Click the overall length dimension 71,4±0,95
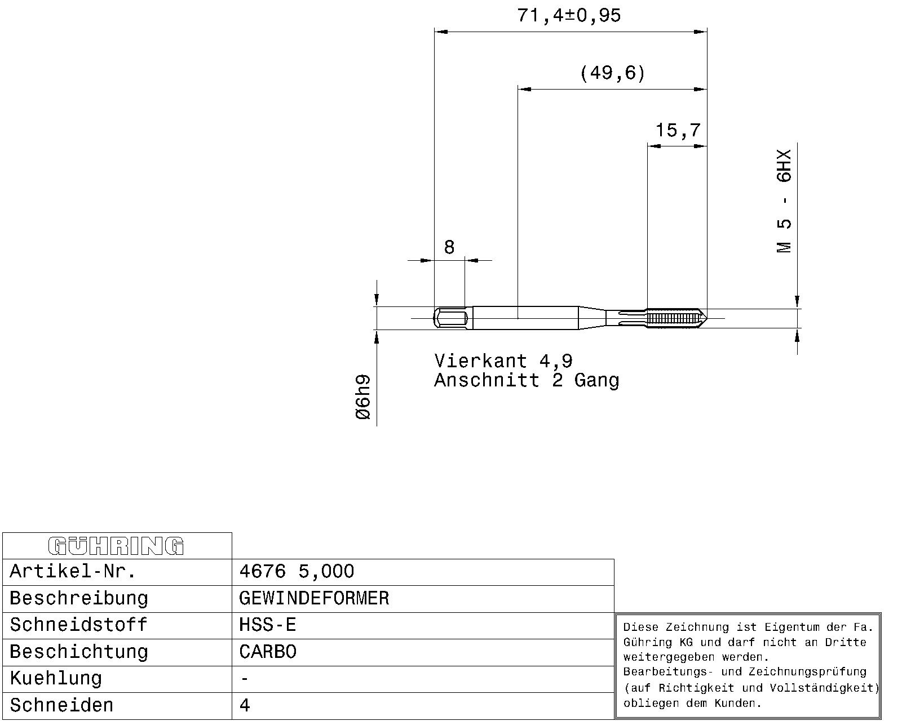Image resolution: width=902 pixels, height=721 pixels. point(569,16)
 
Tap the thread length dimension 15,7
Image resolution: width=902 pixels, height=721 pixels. point(678,130)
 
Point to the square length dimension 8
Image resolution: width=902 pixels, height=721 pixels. point(449,247)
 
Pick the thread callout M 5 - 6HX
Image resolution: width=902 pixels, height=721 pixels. point(784,201)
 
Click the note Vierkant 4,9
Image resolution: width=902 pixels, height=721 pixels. point(503,360)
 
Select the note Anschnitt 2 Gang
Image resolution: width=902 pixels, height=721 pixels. point(527,380)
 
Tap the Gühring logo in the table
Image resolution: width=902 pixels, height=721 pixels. point(116,546)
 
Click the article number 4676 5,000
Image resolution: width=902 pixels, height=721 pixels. point(297,571)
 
